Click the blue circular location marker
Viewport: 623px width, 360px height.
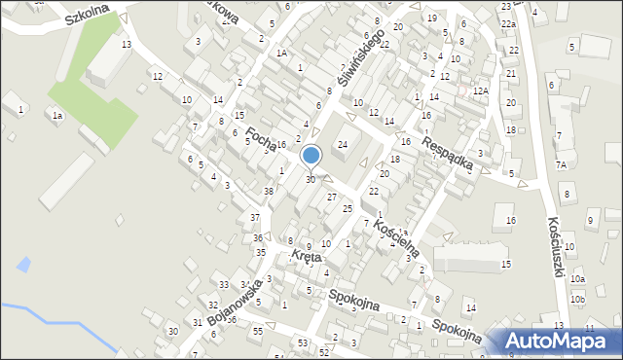pos(311,155)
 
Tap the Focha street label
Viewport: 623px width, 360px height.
pos(261,140)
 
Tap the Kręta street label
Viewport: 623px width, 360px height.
pos(306,258)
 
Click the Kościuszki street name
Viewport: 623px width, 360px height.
pos(557,246)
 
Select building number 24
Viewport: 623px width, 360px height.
pos(342,145)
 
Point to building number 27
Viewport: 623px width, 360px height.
pos(332,198)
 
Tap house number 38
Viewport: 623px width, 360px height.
pos(268,192)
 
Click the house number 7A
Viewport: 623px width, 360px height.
pos(561,165)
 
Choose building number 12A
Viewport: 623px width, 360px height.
pos(480,90)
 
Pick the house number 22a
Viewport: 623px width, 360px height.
pos(507,23)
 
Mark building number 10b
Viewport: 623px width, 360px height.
pos(577,299)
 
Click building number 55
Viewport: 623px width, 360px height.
pos(257,332)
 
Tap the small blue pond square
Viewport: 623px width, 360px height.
pos(22,264)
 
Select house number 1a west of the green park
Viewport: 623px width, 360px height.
pos(57,116)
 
